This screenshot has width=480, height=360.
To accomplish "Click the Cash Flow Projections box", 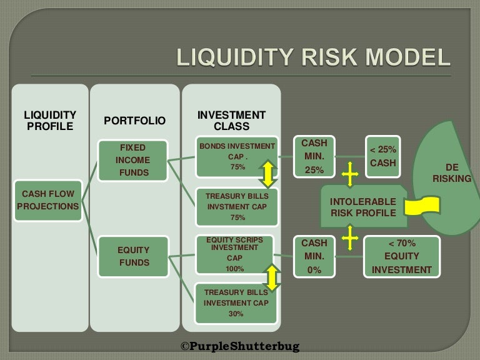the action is (48, 200).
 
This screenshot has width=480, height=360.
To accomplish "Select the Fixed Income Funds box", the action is (133, 161).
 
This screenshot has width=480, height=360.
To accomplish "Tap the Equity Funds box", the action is (133, 256).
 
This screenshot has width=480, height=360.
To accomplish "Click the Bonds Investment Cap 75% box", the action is (237, 157).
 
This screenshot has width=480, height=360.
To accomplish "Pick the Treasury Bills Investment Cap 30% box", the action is (236, 303).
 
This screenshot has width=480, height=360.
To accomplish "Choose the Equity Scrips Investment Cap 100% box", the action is (234, 254).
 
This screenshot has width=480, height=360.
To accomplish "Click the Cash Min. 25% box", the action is (314, 156).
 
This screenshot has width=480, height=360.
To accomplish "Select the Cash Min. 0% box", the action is (314, 256).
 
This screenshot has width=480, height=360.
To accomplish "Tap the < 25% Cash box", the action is (383, 156).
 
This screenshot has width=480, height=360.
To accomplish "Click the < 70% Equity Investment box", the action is (402, 256).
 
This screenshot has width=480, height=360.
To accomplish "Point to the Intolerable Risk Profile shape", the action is (364, 206).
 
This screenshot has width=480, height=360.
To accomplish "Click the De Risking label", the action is (452, 173).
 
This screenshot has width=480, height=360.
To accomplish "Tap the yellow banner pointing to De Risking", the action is (422, 206).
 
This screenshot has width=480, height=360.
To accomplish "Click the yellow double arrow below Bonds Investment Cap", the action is (268, 174).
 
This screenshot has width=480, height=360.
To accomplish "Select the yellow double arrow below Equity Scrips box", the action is (272, 277).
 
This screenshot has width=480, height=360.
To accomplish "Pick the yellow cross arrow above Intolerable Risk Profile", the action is (350, 174).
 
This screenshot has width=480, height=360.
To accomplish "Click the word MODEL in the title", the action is (407, 57).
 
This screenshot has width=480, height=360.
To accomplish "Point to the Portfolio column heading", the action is (135, 121).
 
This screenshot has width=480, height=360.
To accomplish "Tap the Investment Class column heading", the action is (231, 121).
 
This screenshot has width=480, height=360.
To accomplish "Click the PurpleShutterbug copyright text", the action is (240, 346).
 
